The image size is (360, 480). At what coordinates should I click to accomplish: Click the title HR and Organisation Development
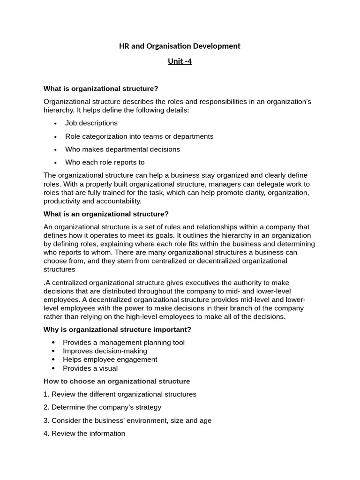(180, 46)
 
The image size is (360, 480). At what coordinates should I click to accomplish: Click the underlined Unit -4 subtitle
(180, 61)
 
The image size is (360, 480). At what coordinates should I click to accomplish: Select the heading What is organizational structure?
(101, 89)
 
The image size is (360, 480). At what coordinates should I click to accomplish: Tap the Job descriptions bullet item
(91, 123)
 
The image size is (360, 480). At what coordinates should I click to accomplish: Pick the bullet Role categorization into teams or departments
(139, 136)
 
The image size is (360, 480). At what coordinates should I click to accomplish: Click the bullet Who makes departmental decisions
(122, 150)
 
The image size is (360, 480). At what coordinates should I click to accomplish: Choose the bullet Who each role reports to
(105, 163)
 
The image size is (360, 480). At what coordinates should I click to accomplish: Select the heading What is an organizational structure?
(106, 214)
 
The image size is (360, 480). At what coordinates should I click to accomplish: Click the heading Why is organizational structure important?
(117, 330)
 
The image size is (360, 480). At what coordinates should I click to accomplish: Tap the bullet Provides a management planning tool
(124, 343)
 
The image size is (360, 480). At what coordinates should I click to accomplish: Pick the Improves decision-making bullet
(105, 351)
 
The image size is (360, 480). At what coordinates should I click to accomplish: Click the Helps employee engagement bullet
(110, 360)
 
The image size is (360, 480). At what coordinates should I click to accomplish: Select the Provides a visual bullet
(90, 368)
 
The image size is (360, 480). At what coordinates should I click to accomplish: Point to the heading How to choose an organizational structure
(117, 381)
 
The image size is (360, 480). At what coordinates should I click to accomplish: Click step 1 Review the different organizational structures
(120, 394)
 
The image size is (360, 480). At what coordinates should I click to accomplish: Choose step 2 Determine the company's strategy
(102, 407)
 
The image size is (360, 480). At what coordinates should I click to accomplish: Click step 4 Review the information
(84, 434)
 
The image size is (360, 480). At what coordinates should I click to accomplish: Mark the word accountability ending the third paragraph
(119, 201)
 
